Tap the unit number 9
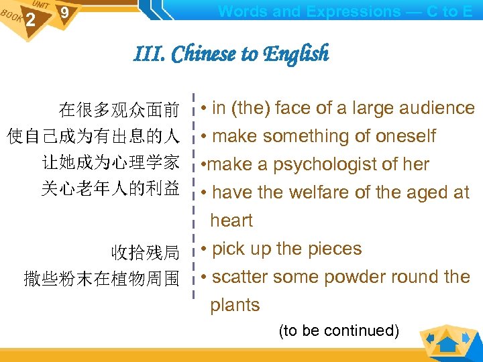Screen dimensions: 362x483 click(x=64, y=13)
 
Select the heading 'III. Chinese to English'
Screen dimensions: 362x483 click(x=231, y=54)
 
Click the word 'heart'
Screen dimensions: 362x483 click(x=231, y=221)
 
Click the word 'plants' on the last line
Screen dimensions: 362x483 click(x=235, y=305)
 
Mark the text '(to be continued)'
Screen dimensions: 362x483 click(x=339, y=330)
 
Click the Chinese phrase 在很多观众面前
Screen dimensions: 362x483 click(x=119, y=109)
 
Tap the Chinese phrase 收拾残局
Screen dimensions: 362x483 click(x=146, y=253)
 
